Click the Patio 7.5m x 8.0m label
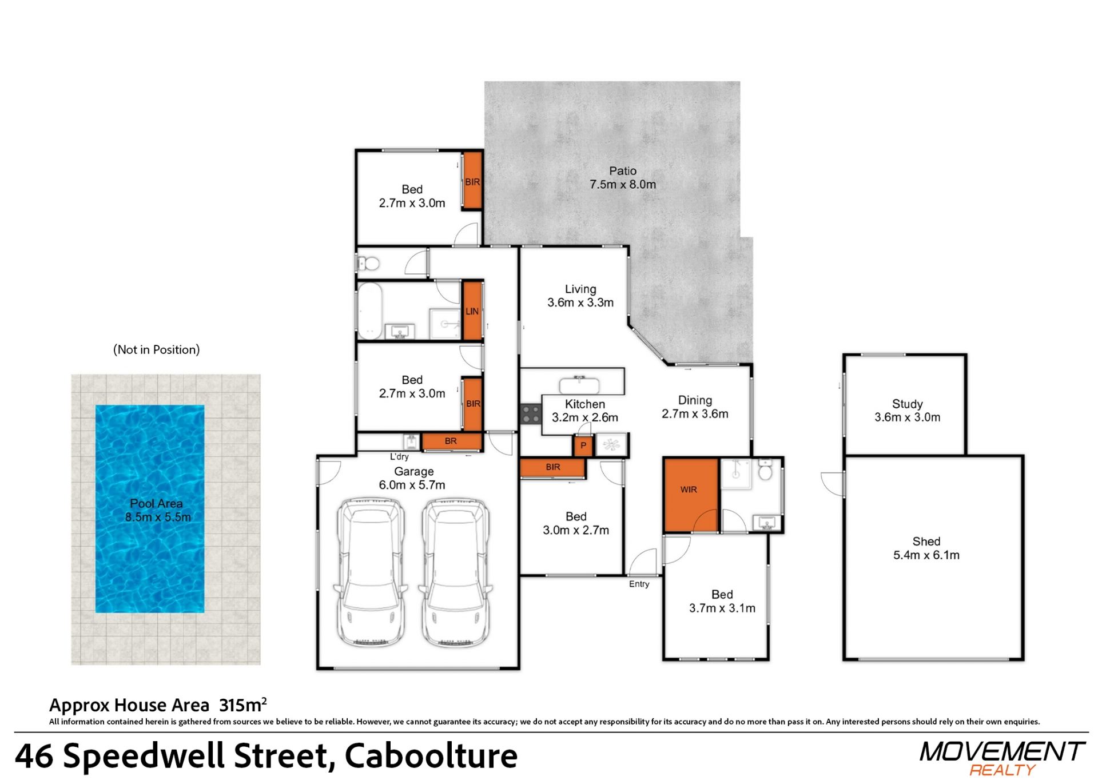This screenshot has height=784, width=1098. (x=623, y=178)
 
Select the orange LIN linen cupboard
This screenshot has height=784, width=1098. (x=472, y=311)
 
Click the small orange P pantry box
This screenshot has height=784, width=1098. (x=583, y=445)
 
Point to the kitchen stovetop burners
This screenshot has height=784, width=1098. (x=531, y=414)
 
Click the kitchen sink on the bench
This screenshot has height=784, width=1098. (x=579, y=385)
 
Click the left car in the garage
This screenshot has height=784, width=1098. (x=371, y=572)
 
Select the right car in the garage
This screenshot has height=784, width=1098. (x=455, y=572)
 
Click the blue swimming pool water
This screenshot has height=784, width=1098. (x=150, y=509)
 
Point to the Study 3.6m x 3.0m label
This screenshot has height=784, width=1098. (x=907, y=411)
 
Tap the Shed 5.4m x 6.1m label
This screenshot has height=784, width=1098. (x=926, y=548)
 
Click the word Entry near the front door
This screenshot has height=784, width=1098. (x=639, y=584)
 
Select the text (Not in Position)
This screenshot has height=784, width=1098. (x=157, y=349)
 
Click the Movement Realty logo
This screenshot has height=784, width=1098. (x=1002, y=758)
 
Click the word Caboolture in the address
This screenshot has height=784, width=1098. (x=431, y=755)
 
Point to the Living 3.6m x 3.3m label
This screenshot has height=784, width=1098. (x=580, y=296)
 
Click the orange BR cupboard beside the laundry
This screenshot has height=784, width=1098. (x=451, y=441)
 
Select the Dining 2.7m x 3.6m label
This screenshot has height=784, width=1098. (x=695, y=407)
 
